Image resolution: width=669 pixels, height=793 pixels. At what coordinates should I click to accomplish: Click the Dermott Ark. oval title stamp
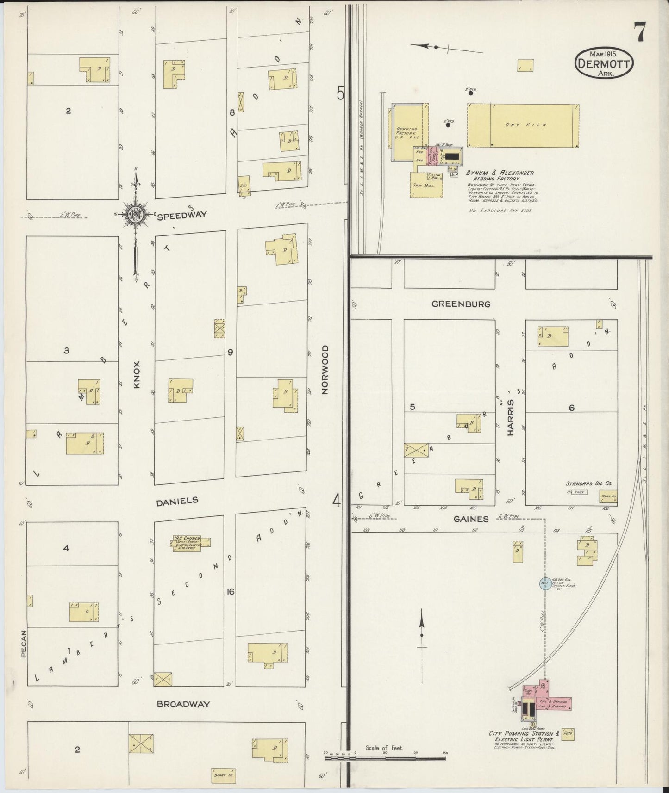pos(605,64)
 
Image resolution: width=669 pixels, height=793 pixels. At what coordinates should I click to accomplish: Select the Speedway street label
pos(181,215)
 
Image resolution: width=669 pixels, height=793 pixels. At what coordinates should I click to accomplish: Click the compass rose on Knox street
pos(135,214)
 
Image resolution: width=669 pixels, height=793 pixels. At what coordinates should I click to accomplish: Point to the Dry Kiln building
pos(523,125)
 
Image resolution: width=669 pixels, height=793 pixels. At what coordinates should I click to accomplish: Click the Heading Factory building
pos(406,132)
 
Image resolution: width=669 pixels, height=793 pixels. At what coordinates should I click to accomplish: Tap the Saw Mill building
pos(425,185)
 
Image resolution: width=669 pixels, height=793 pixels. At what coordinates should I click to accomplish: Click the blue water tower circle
pos(545,583)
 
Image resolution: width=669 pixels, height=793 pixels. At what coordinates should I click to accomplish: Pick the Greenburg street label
pos(454,304)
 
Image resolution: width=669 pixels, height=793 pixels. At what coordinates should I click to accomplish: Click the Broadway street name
pos(183,704)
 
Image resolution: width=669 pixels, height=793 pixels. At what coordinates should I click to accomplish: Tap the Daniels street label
pos(177,501)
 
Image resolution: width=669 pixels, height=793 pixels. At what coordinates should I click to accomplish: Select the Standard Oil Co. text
pos(588,483)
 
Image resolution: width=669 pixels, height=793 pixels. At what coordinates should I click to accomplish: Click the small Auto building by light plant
pos(569,733)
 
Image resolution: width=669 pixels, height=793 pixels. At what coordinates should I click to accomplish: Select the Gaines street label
pos(471,519)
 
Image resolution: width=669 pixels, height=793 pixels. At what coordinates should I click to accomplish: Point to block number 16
pos(230,591)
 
